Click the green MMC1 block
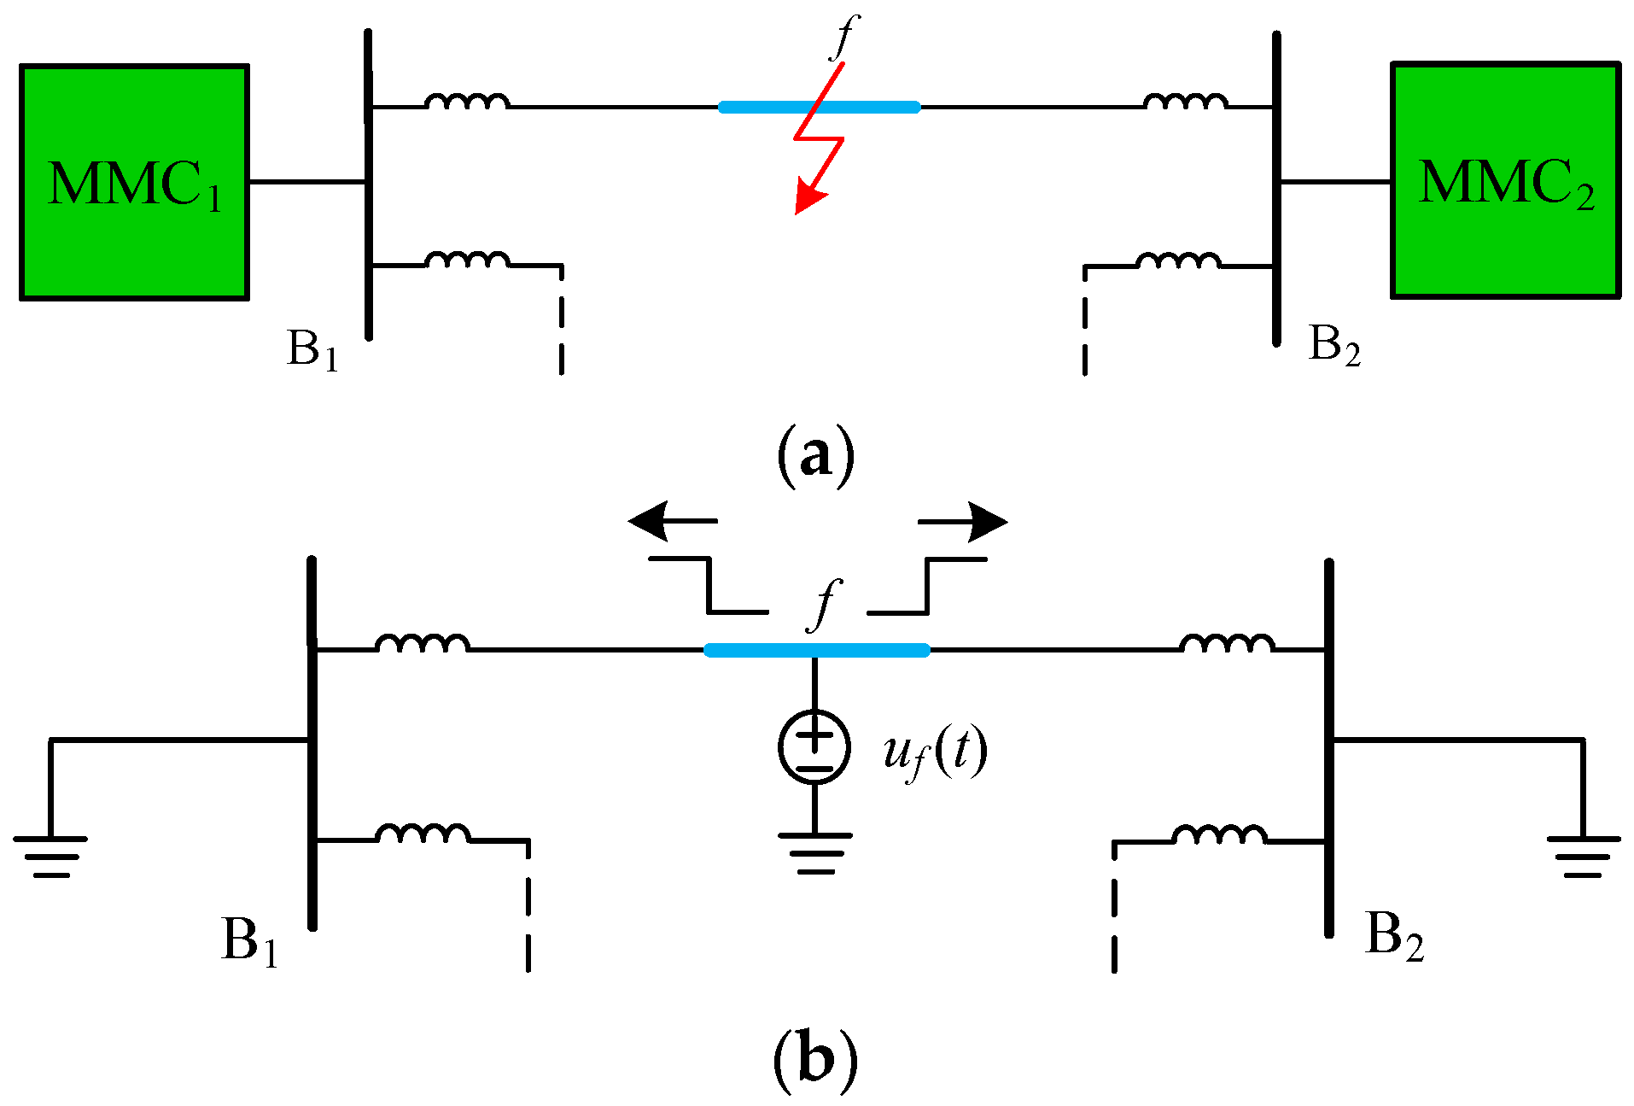(135, 182)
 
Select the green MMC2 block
(1505, 180)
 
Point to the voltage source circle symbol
(814, 746)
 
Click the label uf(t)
(935, 752)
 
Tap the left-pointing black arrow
(670, 521)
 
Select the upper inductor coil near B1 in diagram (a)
(468, 102)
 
